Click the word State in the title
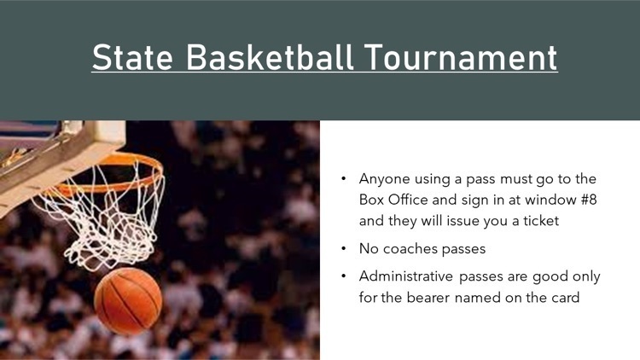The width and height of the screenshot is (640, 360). (x=132, y=57)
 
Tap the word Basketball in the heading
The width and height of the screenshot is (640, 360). (x=270, y=57)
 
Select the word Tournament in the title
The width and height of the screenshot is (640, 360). (x=461, y=57)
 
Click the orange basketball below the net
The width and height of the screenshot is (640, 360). (x=128, y=301)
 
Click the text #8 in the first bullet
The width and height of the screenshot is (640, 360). (x=588, y=200)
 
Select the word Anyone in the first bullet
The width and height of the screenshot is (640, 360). (x=385, y=180)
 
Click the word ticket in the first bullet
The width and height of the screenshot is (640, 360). (x=541, y=221)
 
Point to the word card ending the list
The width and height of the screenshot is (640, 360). (x=565, y=298)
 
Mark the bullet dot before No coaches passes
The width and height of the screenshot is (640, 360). (x=344, y=248)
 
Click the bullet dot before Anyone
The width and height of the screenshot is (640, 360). (x=344, y=179)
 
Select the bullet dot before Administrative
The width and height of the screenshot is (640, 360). (x=344, y=276)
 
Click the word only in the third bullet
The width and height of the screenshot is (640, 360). (x=586, y=277)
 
